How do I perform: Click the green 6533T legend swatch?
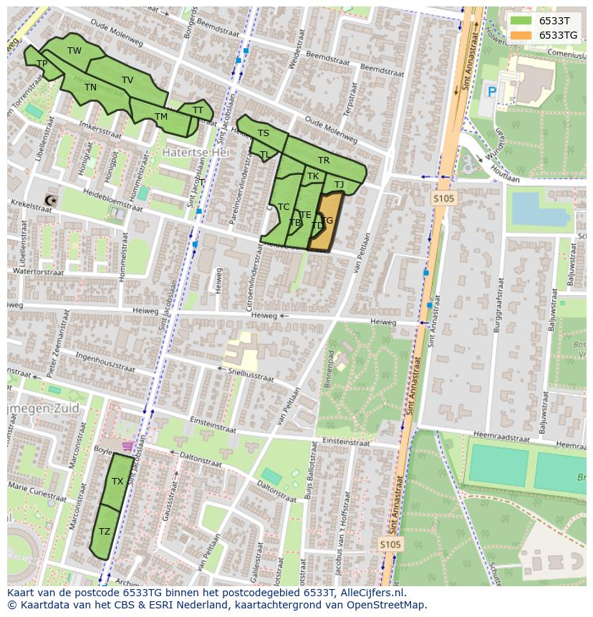(521, 21)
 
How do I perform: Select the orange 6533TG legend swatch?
(521, 35)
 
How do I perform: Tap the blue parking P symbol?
(492, 92)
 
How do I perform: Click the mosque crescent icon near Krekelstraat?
(49, 201)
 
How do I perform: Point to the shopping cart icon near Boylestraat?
(127, 446)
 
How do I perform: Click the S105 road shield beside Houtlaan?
(444, 199)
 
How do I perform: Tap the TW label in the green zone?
(74, 51)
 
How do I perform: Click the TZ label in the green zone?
(105, 532)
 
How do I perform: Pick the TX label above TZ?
(117, 482)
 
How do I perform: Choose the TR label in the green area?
(324, 161)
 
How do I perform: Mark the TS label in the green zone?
(264, 133)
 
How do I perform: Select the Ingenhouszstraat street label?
(105, 359)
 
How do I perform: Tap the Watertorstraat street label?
(39, 272)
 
